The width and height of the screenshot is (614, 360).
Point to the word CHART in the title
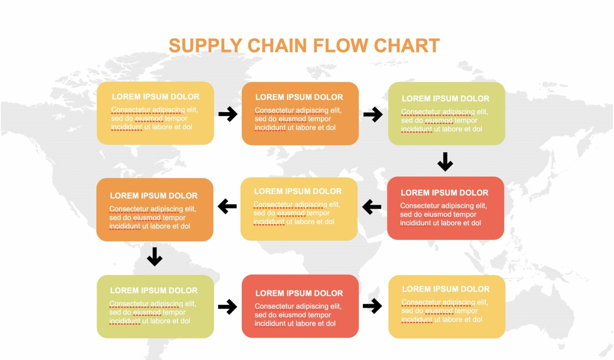(x=407, y=46)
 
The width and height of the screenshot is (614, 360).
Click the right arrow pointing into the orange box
(x=228, y=114)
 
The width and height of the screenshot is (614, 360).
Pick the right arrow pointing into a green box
(x=373, y=114)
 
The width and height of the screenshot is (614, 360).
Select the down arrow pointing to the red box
(x=445, y=161)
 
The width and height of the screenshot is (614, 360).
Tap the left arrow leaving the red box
(x=372, y=207)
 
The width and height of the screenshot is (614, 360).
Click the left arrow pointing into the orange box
(x=227, y=207)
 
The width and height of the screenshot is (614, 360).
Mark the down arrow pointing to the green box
(x=154, y=257)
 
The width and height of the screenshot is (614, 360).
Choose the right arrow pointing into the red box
(x=227, y=307)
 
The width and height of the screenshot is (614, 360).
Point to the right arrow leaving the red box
(x=372, y=306)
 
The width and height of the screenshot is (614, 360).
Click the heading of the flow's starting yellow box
(x=155, y=97)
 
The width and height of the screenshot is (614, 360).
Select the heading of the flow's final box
(x=446, y=289)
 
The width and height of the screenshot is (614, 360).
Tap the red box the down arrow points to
(x=445, y=208)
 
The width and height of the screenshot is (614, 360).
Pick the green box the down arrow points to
(x=155, y=306)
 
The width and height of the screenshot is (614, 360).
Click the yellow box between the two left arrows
(x=299, y=209)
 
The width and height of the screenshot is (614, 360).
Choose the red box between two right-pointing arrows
(x=300, y=306)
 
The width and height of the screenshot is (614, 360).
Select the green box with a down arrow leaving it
(x=447, y=113)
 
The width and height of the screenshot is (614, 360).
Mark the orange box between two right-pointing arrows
(x=300, y=113)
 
